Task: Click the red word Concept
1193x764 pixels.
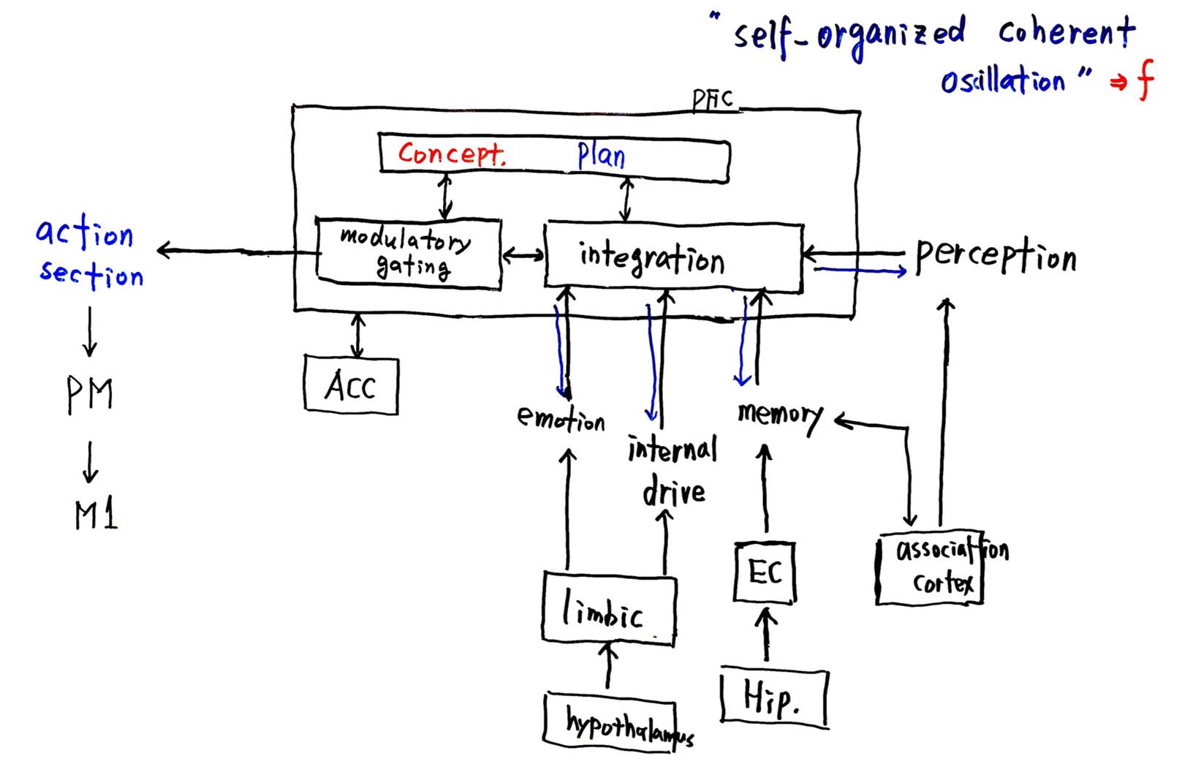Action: (451, 154)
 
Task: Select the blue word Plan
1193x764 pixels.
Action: (601, 155)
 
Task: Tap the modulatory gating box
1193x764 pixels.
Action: (409, 253)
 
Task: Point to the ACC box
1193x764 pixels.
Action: (351, 386)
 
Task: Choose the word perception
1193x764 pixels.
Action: (996, 257)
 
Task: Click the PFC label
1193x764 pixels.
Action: (712, 99)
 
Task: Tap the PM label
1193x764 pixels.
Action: (90, 394)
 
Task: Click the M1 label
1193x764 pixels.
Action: (96, 515)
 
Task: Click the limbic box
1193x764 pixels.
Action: (608, 609)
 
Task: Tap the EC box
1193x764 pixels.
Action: (765, 572)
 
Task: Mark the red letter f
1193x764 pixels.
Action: (1145, 79)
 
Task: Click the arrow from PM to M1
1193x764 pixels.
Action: (90, 462)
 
